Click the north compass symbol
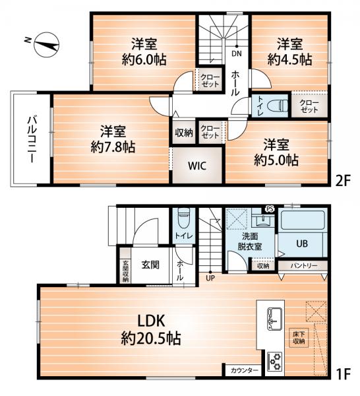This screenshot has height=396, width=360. [46, 45]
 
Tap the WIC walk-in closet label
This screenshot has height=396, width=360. [196, 166]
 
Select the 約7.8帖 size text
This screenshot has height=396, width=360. [113, 147]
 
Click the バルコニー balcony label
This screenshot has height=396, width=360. [32, 139]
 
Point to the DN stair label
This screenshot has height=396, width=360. [237, 53]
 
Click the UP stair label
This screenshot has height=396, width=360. [210, 278]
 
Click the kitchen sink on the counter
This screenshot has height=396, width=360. [274, 318]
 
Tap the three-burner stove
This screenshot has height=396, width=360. [275, 362]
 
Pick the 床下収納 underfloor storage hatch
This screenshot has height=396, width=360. [299, 338]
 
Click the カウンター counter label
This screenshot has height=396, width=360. [244, 370]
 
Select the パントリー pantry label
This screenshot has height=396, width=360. [303, 265]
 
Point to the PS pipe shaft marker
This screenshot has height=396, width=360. [270, 209]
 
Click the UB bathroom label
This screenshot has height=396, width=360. [302, 244]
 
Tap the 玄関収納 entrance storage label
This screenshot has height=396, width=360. [125, 271]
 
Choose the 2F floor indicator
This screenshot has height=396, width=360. [343, 181]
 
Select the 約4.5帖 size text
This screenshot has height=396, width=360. [289, 59]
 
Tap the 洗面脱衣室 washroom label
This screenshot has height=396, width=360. [249, 242]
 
